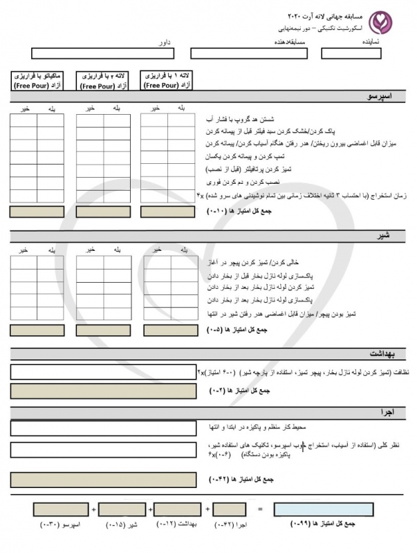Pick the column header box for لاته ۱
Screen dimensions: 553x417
[x=167, y=80]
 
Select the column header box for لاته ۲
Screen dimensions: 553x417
[x=102, y=80]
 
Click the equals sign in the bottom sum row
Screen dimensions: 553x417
[x=261, y=509]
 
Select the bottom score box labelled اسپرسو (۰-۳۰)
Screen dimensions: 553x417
[x=60, y=509]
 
